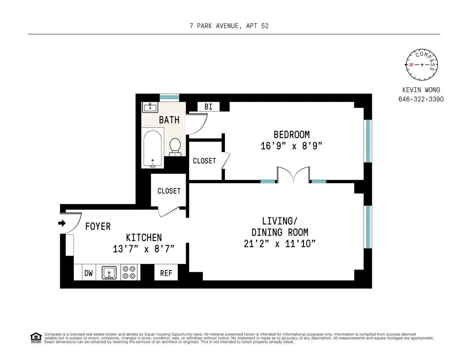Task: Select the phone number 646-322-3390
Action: pyautogui.click(x=421, y=99)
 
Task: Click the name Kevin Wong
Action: pyautogui.click(x=421, y=90)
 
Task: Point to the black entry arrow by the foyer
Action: pyautogui.click(x=62, y=223)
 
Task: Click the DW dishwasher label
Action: pyautogui.click(x=89, y=273)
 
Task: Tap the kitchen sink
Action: pyautogui.click(x=109, y=273)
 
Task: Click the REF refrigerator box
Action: pyautogui.click(x=166, y=273)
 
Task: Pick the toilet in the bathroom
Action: pyautogui.click(x=175, y=147)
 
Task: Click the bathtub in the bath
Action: pyautogui.click(x=152, y=149)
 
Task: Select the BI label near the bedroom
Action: pyautogui.click(x=209, y=107)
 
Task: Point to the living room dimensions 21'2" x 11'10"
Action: pyautogui.click(x=279, y=244)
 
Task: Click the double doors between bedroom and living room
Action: pyautogui.click(x=294, y=175)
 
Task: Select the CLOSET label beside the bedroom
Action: pyautogui.click(x=204, y=161)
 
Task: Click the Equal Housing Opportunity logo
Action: pyautogui.click(x=35, y=338)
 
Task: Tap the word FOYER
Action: pyautogui.click(x=98, y=226)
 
